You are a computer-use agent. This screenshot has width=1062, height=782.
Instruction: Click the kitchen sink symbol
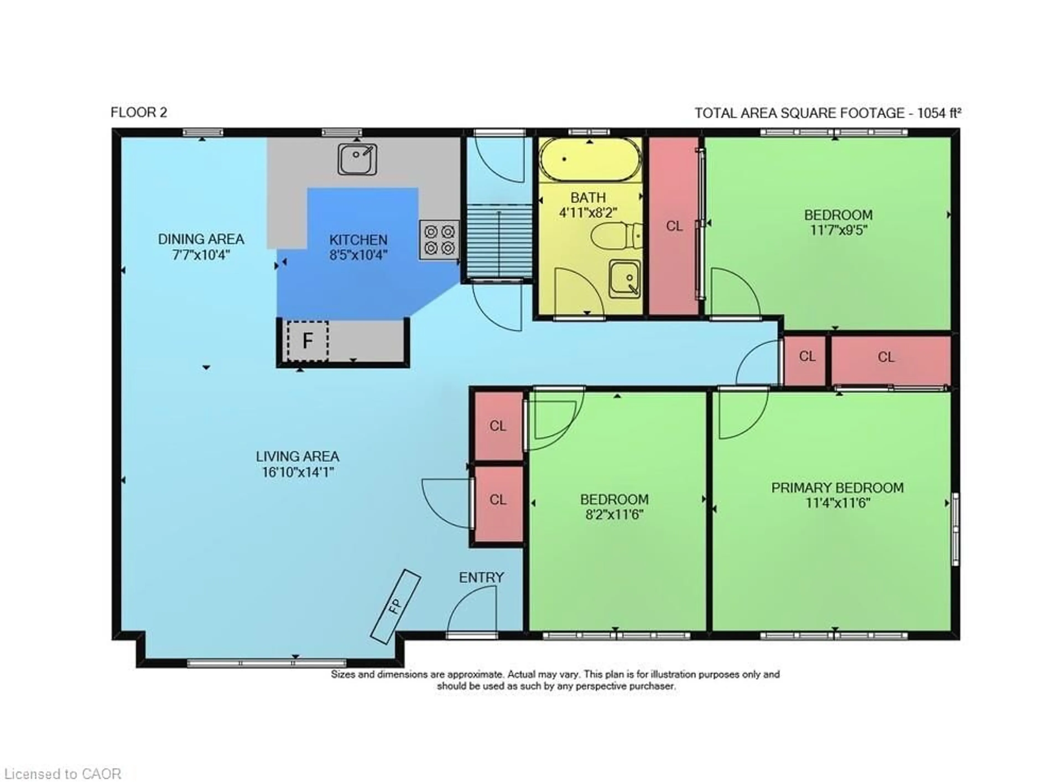tap(357, 159)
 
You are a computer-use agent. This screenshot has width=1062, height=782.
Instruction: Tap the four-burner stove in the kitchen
tap(439, 240)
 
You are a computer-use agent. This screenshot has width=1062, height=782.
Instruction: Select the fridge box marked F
tap(308, 340)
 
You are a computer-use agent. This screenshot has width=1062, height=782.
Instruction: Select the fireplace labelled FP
tap(395, 606)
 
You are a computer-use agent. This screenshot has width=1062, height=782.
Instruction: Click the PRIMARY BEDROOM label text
tap(837, 487)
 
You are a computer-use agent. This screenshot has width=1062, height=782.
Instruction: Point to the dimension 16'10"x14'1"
tap(298, 472)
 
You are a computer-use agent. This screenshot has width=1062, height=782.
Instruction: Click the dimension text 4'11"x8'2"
tap(588, 212)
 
